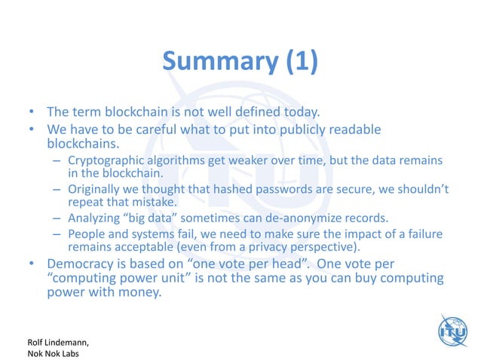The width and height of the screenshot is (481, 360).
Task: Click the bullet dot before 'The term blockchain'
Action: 32,114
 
